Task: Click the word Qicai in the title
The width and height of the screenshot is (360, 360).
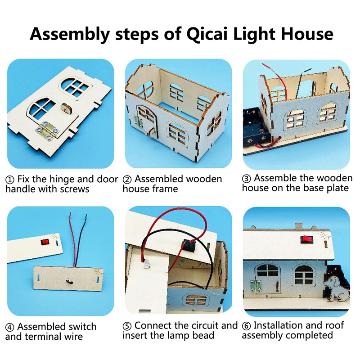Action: (207, 35)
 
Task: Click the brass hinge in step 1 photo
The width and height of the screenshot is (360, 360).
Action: (48, 130)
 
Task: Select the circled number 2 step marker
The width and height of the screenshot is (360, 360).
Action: (127, 180)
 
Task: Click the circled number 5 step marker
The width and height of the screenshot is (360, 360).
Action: (127, 326)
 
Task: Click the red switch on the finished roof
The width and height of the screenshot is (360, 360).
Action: (307, 239)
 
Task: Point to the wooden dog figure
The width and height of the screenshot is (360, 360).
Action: (337, 288)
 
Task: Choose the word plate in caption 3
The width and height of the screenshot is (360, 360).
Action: (338, 188)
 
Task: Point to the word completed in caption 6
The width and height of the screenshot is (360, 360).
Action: (310, 335)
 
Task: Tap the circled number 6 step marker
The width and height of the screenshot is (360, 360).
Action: (246, 326)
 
